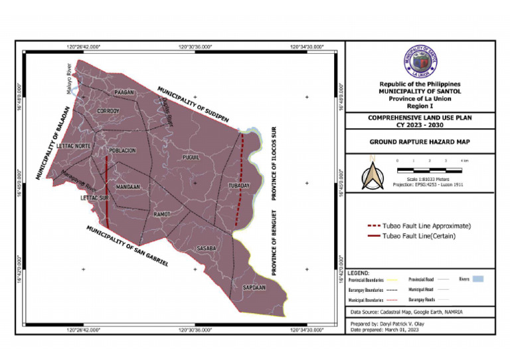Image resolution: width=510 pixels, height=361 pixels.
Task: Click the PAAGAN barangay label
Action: [124, 92]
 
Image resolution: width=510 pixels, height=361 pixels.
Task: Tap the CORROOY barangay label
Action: [108, 110]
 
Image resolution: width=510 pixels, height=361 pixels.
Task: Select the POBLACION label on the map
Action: [122, 150]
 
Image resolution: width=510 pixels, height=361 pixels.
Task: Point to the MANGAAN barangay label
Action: [127, 187]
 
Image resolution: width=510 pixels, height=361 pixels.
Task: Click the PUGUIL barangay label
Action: [191, 158]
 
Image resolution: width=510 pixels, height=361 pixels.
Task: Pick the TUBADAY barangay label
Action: [238, 185]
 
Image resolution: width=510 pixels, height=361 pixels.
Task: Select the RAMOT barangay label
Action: [162, 214]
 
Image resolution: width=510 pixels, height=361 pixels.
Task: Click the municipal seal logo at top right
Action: [420, 62]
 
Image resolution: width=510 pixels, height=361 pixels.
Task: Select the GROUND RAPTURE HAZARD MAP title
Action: [419, 142]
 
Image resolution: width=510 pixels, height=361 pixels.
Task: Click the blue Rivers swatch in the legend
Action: [477, 279]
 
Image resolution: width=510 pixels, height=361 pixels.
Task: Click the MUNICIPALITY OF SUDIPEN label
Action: [193, 104]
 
